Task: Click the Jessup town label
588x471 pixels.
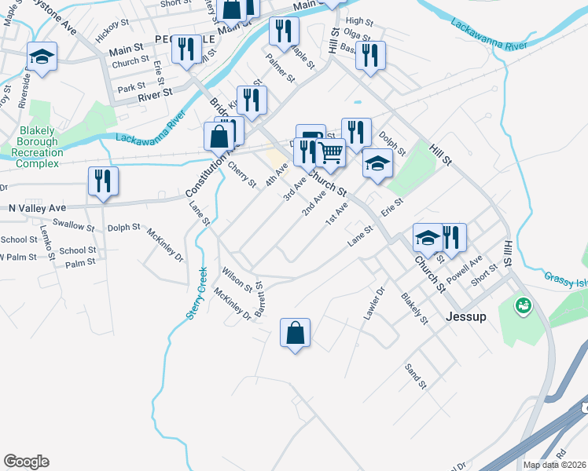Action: (466, 317)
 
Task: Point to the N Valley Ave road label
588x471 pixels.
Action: (37, 208)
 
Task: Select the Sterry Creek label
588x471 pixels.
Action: (196, 292)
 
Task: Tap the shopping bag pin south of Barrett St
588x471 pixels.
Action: (295, 333)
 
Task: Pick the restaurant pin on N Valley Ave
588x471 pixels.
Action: (103, 181)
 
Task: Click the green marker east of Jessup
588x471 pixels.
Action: (522, 305)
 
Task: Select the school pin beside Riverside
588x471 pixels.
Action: (42, 57)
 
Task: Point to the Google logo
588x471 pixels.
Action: (26, 462)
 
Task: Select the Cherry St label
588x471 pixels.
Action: (242, 174)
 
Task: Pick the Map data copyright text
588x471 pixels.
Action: (555, 465)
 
